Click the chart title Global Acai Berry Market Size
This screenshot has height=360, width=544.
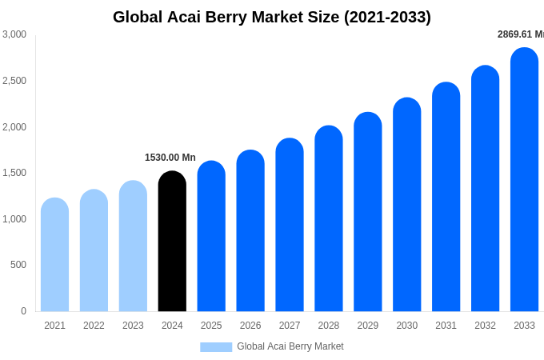point(271,17)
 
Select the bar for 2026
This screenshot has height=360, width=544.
point(250,231)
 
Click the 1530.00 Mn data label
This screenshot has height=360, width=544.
point(170,158)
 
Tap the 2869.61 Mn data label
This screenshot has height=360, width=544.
point(520,34)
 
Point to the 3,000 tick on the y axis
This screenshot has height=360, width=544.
point(14,34)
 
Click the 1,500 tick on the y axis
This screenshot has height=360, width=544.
point(14,173)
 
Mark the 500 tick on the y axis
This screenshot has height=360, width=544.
point(18,265)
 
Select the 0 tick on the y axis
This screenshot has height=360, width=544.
point(23,311)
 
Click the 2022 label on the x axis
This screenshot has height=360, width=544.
point(94,326)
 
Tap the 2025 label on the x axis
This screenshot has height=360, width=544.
point(211,326)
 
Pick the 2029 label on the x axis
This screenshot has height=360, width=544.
point(367,326)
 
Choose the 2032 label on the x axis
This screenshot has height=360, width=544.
point(485,326)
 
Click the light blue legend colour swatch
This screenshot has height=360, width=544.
point(216,347)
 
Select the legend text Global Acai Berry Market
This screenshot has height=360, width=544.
point(290,346)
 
